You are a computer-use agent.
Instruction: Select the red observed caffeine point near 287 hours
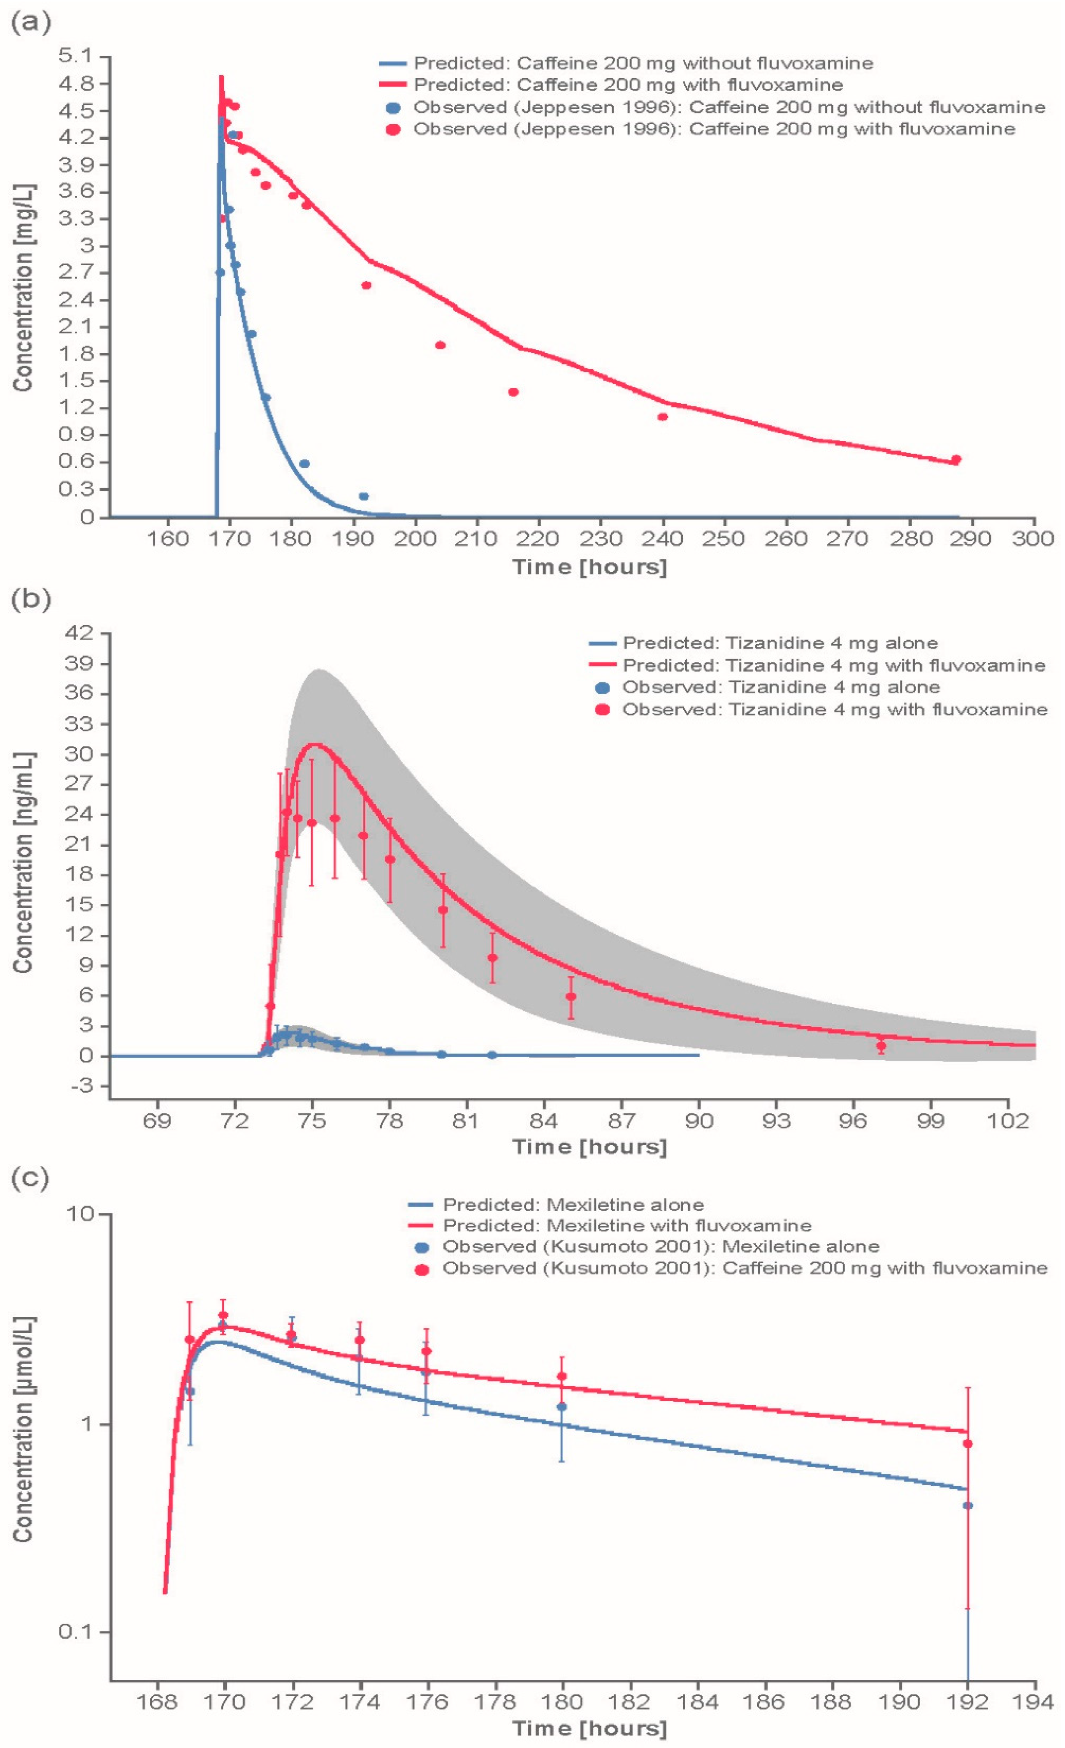955,460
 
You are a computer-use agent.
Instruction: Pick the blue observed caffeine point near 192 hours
363,496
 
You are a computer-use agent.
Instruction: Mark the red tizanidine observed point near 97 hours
880,1046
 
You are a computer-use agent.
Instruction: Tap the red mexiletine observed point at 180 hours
562,1376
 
